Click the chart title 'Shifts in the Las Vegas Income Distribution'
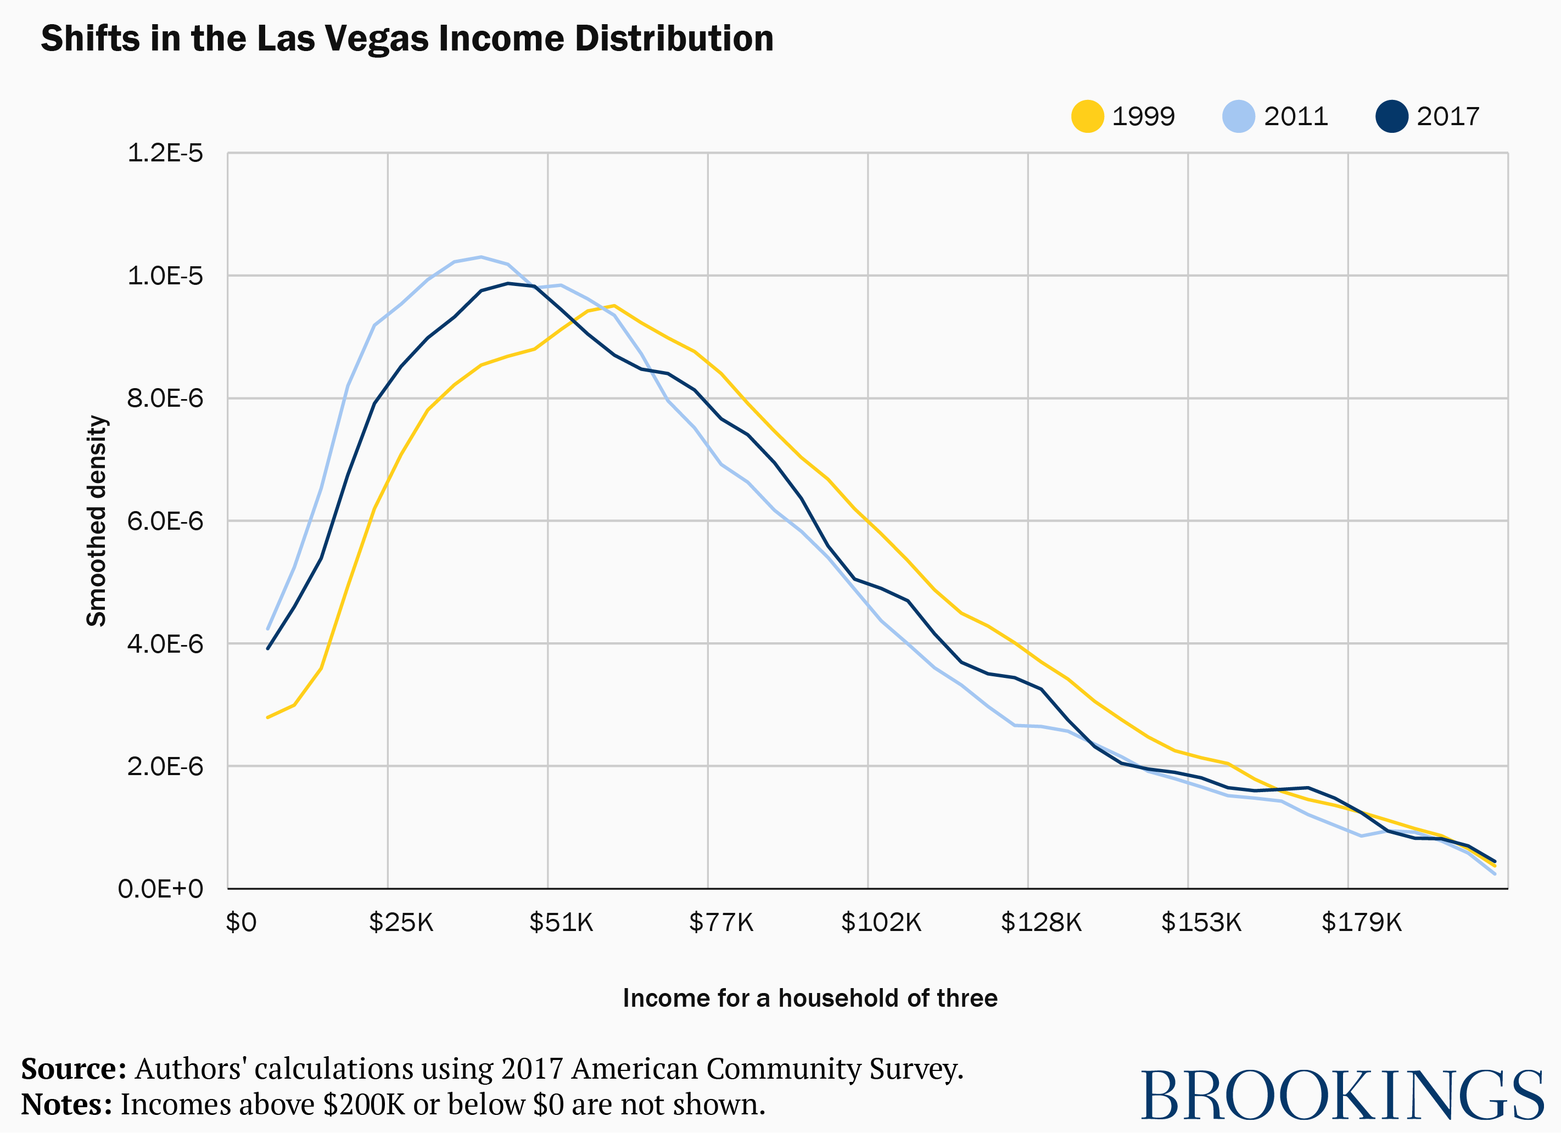tap(407, 38)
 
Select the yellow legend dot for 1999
tap(1088, 116)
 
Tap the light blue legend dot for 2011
tap(1238, 116)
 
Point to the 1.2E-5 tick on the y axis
tap(165, 153)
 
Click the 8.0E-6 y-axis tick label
tap(165, 399)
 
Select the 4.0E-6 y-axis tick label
tap(165, 644)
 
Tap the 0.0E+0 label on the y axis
tap(160, 889)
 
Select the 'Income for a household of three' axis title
tap(809, 998)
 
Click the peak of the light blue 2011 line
tap(481, 257)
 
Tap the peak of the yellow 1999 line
tap(614, 305)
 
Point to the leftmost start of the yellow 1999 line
tap(268, 717)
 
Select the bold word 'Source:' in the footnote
tap(74, 1069)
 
